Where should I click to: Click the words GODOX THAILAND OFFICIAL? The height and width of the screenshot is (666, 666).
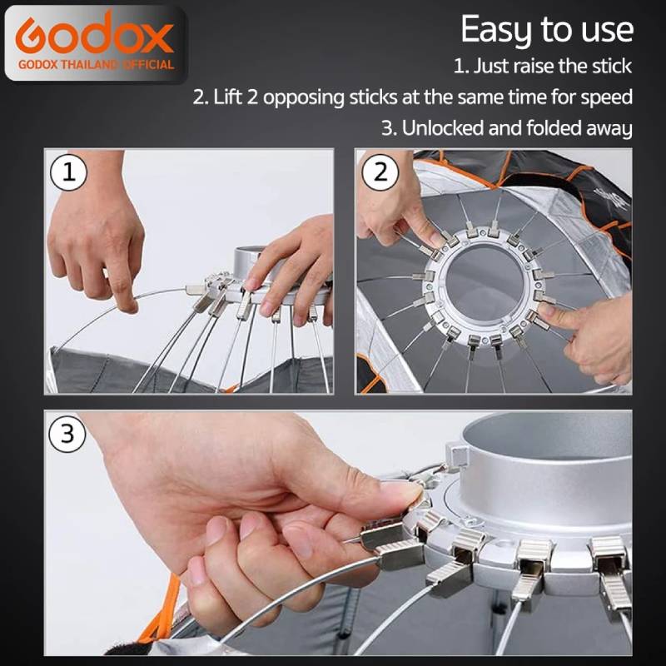[94, 64]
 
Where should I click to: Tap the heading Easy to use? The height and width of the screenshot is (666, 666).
[546, 30]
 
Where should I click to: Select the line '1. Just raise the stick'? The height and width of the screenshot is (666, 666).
[542, 65]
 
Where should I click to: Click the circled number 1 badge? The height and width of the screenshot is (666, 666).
[69, 173]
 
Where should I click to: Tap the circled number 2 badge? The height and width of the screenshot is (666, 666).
[380, 173]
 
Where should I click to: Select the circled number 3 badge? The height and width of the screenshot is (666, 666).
[69, 435]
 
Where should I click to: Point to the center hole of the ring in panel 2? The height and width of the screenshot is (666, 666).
[483, 283]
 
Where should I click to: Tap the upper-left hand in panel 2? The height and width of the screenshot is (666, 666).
[398, 204]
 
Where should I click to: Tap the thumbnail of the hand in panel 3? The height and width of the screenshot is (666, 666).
[400, 497]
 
